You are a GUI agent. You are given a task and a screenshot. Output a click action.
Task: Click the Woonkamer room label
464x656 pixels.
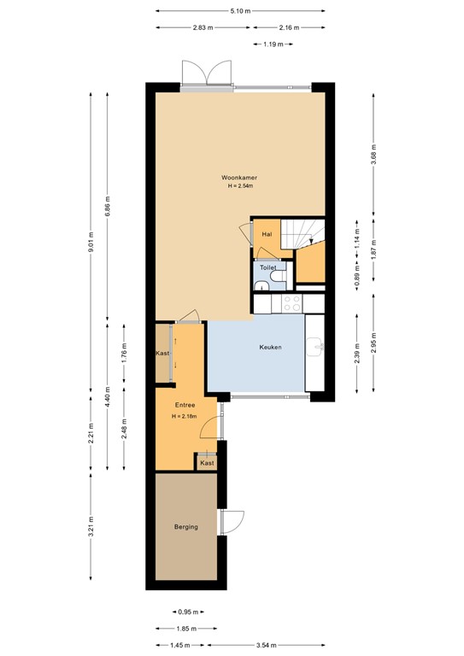point(239,178)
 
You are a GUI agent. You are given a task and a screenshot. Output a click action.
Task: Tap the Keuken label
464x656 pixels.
point(271,348)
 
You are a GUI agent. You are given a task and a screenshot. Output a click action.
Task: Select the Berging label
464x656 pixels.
point(185,527)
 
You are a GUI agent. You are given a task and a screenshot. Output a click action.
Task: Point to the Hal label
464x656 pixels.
point(267,233)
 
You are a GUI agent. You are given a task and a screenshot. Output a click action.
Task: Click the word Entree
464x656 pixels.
point(185,405)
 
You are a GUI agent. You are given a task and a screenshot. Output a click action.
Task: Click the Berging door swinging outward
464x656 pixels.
point(232,521)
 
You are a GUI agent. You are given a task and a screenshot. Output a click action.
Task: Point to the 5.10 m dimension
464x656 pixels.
point(240,11)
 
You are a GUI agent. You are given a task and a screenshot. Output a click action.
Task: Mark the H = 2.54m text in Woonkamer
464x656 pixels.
point(239,186)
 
